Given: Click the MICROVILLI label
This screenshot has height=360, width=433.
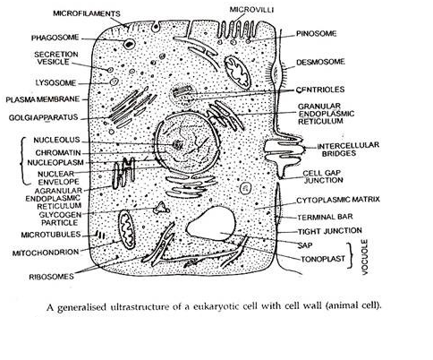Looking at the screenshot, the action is tap(251, 10).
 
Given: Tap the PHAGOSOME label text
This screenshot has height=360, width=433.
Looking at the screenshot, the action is tap(55, 38).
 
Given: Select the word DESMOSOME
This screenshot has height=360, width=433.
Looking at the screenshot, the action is tap(320, 62).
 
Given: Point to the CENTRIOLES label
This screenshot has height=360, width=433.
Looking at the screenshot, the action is tap(320, 90).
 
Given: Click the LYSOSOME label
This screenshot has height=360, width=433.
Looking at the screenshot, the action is tap(55, 82).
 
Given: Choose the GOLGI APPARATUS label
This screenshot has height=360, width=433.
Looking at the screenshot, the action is tap(43, 117).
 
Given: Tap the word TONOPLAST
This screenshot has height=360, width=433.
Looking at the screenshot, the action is tap(323, 259).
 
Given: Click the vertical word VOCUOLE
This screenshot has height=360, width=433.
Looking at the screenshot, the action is tap(365, 257).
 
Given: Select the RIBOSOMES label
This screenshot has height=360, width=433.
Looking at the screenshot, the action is tap(51, 277).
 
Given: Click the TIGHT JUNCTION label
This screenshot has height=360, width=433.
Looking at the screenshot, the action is tap(330, 231).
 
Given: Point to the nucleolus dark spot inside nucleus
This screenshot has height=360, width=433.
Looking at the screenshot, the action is tap(178, 145).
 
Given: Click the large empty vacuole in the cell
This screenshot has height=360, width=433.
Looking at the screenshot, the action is tap(212, 223).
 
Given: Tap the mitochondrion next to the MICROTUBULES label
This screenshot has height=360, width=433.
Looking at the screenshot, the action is tap(127, 229).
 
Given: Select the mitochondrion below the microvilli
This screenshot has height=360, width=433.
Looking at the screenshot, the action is tap(238, 73).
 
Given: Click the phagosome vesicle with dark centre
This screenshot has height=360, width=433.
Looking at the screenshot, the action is tap(129, 44).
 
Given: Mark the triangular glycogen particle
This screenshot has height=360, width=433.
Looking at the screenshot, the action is tap(161, 208).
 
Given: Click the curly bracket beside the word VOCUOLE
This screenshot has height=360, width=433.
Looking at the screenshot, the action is tap(351, 256).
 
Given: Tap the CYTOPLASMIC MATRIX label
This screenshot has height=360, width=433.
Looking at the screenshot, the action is tap(338, 200).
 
